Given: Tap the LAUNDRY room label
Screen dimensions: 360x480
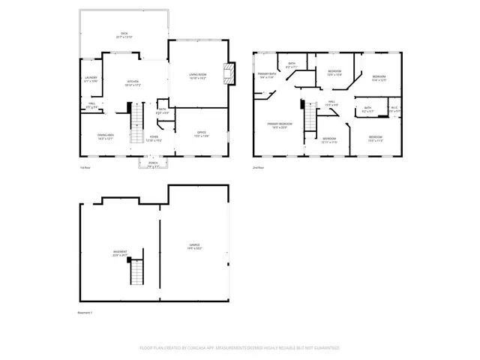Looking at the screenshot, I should point(91,79).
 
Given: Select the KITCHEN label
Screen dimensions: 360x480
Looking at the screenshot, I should point(133,82).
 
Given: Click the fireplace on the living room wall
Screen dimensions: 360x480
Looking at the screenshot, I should point(229,76).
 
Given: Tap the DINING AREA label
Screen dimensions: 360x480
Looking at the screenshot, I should point(106,136).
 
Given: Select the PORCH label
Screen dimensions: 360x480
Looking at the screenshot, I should point(152,165).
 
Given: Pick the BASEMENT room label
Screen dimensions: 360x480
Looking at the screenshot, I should point(120,253).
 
